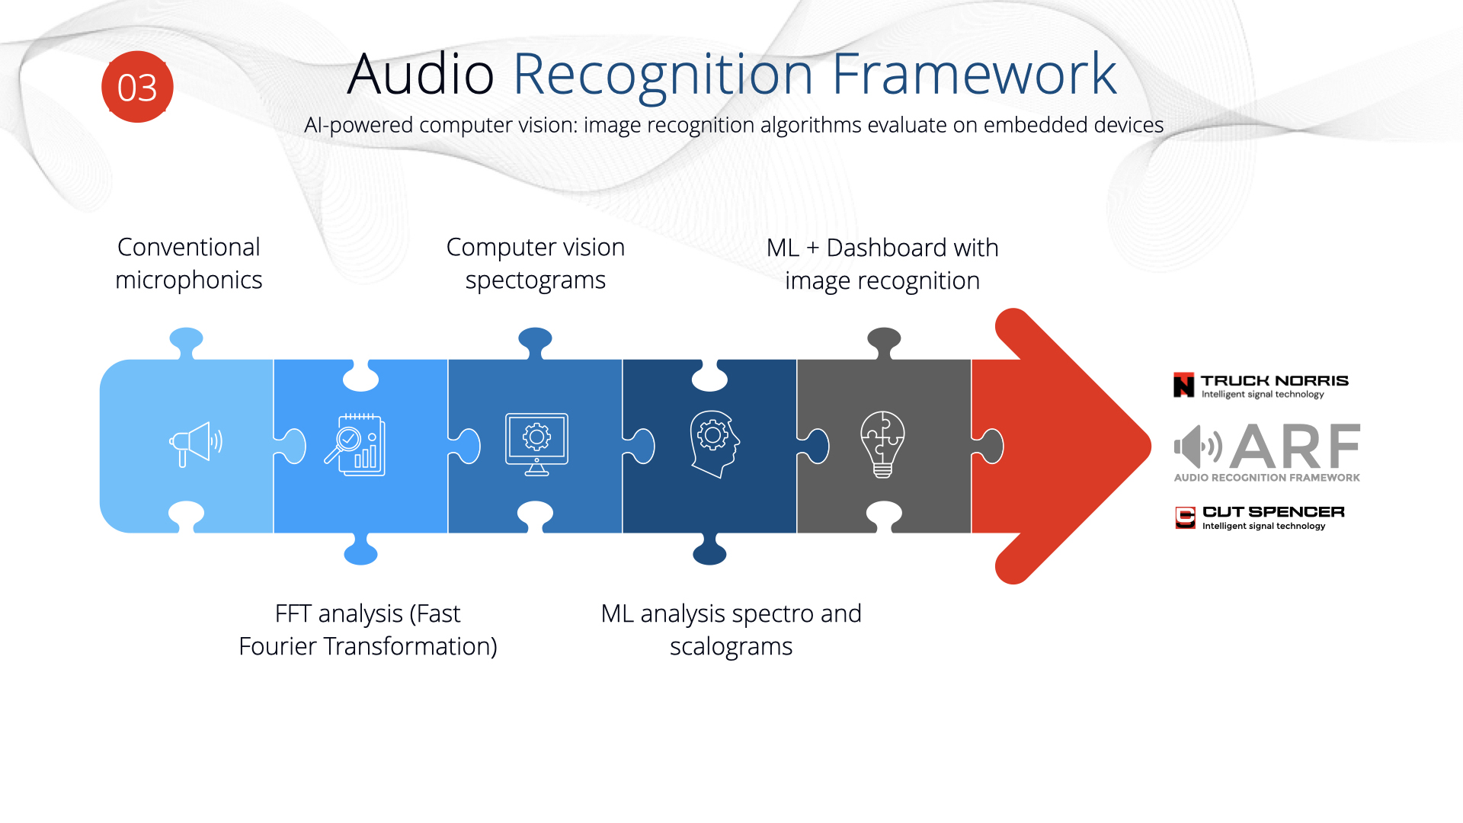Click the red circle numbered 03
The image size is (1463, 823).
(x=137, y=87)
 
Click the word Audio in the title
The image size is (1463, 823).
(x=421, y=74)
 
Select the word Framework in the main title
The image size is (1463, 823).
(x=974, y=74)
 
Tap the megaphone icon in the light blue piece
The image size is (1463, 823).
(x=196, y=444)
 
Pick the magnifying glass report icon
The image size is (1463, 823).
(x=355, y=445)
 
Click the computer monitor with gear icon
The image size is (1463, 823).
(x=536, y=444)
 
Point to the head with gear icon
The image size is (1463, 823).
(x=714, y=444)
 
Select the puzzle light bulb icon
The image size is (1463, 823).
(x=882, y=444)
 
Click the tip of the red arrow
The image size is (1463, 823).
(x=1150, y=446)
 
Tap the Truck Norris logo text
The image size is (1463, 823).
(x=1274, y=380)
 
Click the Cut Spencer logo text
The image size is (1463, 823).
(x=1273, y=512)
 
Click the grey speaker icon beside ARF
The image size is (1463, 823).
(x=1198, y=447)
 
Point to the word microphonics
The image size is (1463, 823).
(x=189, y=280)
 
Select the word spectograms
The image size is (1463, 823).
(x=536, y=280)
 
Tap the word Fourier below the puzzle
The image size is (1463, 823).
(x=277, y=646)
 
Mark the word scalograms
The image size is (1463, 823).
(x=731, y=647)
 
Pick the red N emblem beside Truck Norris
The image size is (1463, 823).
(x=1184, y=385)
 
